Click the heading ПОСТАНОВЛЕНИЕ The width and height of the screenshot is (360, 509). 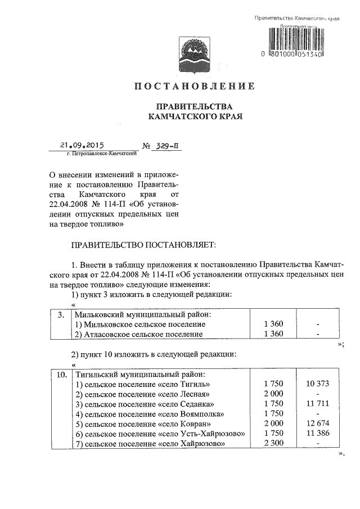coord(194,87)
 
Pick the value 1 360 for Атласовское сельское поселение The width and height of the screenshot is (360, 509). coord(273,334)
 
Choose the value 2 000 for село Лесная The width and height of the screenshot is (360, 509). coord(273,394)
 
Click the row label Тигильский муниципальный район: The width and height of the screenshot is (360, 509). coord(139,374)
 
